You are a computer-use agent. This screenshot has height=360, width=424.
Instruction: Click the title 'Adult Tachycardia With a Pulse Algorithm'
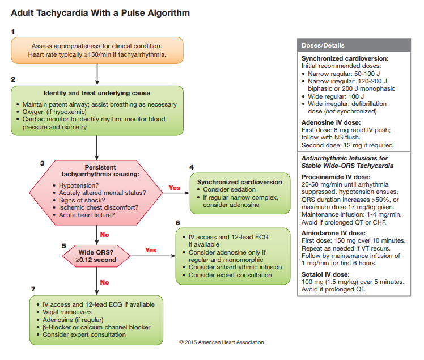tap(100, 12)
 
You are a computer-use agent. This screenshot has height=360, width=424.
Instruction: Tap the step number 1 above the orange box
tap(13, 32)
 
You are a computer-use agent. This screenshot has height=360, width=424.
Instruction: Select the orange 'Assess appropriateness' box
tap(98, 50)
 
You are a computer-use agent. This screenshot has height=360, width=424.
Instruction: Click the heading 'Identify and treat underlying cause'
tap(97, 93)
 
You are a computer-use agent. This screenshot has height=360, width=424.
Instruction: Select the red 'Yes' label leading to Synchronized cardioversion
tap(175, 188)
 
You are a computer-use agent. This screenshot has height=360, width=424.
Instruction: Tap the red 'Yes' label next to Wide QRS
tap(151, 250)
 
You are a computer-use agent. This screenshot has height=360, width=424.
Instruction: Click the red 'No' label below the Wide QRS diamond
tap(104, 282)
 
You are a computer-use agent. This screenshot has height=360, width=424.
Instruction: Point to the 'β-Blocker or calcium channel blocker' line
tap(96, 327)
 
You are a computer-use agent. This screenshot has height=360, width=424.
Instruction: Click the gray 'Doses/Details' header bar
tap(354, 45)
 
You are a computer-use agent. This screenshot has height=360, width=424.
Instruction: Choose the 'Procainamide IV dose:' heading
tap(336, 176)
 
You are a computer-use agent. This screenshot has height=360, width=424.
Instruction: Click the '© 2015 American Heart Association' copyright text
tap(221, 342)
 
